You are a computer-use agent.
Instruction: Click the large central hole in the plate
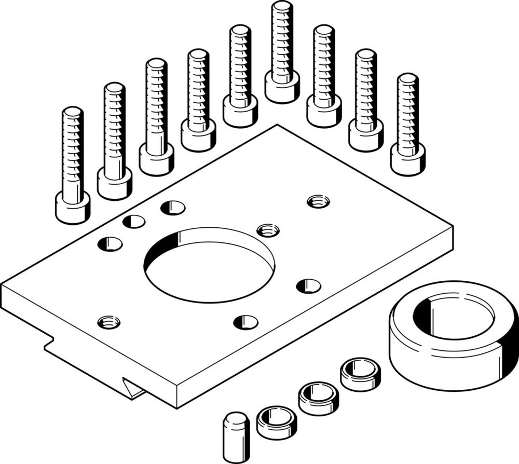point(209,265)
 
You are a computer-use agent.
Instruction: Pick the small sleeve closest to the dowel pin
point(277,422)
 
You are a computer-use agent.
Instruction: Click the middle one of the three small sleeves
point(318,398)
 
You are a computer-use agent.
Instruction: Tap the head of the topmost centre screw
point(282,87)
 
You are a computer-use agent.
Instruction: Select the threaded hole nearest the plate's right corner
point(318,201)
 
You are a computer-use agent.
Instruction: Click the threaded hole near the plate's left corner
point(109,322)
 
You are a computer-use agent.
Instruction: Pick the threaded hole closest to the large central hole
point(268,229)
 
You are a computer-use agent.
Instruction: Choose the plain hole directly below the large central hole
point(245,322)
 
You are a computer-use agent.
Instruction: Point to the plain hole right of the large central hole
point(308,286)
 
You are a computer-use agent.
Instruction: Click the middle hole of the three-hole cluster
point(134,222)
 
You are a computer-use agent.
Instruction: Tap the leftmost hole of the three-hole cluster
point(110,243)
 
